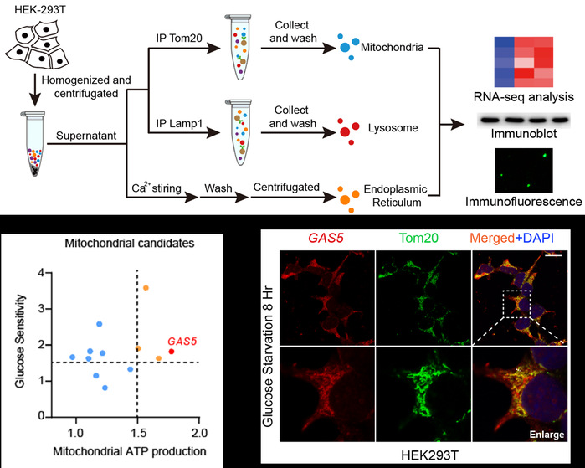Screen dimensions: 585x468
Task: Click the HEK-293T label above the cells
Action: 40,10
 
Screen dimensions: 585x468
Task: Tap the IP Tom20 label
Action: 179,38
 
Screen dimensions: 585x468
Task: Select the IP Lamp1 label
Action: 179,123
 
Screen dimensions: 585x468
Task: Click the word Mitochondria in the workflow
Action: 393,48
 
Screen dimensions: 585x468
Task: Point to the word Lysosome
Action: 393,127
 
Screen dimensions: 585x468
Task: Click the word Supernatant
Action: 86,136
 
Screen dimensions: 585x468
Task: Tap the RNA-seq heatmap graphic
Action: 524,62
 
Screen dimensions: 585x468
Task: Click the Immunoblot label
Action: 524,133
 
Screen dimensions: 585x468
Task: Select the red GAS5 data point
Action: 172,351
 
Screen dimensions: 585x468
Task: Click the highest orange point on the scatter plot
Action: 146,288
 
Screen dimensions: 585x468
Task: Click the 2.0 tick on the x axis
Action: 199,433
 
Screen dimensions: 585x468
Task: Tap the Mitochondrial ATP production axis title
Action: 130,451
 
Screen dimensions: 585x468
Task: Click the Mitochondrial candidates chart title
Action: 130,244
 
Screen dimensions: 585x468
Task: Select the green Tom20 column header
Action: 418,238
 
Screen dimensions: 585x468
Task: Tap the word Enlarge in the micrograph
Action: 547,435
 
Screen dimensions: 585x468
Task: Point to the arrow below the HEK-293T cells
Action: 35,90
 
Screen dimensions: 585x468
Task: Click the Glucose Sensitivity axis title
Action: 20,341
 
